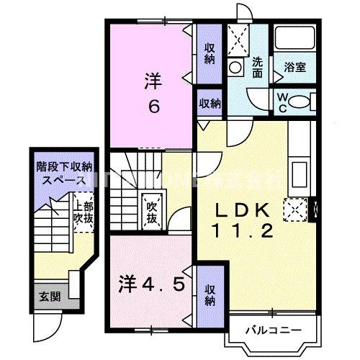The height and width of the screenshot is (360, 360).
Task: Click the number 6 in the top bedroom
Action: tap(153, 106)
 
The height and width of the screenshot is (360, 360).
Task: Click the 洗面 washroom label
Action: tap(258, 62)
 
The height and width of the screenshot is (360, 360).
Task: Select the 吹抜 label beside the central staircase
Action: tap(152, 209)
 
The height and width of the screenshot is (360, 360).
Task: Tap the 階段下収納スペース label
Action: tap(63, 174)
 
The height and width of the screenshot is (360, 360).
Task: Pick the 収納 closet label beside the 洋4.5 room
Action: tap(210, 294)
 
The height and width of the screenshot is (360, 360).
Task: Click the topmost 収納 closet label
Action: tap(210, 52)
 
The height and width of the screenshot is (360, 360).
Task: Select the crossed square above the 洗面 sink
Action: tap(238, 36)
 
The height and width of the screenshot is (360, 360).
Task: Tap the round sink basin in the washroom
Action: tap(235, 67)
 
